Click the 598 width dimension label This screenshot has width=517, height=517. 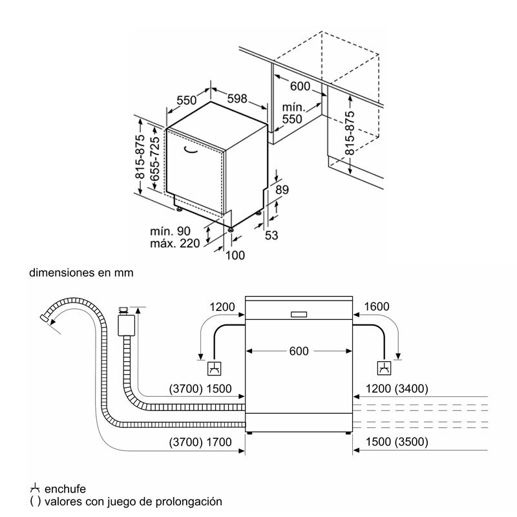point(237,99)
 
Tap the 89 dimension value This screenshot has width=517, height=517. point(281,189)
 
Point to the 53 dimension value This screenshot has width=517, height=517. point(271,235)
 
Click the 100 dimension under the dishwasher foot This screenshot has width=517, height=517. point(235,256)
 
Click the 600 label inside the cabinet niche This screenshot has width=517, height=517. point(300,86)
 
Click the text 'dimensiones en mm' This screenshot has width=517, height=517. point(81,273)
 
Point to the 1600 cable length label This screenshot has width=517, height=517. point(377,306)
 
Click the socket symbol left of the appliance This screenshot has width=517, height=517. point(213,369)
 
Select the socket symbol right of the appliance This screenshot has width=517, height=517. point(385,369)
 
